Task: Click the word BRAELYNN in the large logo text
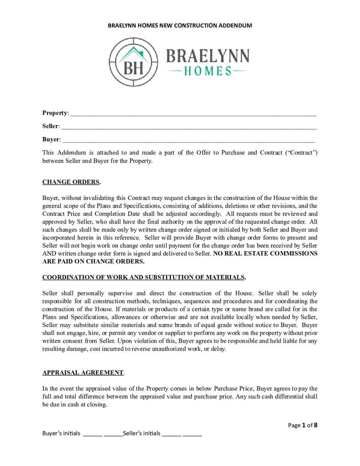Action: [208, 56]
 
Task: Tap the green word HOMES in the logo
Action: [208, 71]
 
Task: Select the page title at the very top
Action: [180, 25]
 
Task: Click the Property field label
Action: [55, 113]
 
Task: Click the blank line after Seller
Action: [189, 127]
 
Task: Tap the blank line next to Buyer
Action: [188, 140]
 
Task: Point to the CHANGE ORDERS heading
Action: [71, 182]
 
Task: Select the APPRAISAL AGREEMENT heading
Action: [83, 372]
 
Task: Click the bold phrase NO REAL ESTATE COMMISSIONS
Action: [265, 253]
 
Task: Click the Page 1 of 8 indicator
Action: [303, 425]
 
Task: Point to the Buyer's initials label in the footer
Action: [61, 433]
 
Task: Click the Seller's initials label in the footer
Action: [142, 433]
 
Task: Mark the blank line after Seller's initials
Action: [182, 435]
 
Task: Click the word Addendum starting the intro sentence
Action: [69, 152]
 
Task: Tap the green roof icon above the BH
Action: [133, 54]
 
